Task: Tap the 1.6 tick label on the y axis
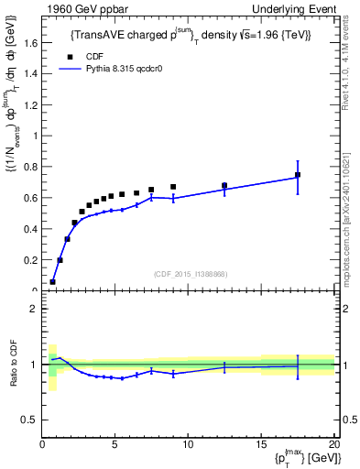pos(31,42)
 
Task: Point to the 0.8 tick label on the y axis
pos(31,167)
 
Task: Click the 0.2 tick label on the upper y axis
pos(31,260)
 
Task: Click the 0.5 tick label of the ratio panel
pos(29,420)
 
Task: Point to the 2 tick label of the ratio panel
pos(33,309)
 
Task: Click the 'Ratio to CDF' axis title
pos(14,365)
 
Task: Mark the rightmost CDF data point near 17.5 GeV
pos(298,174)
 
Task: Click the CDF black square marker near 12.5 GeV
pos(224,185)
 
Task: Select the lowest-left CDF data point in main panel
pos(52,282)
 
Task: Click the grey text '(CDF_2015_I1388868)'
pos(191,274)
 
